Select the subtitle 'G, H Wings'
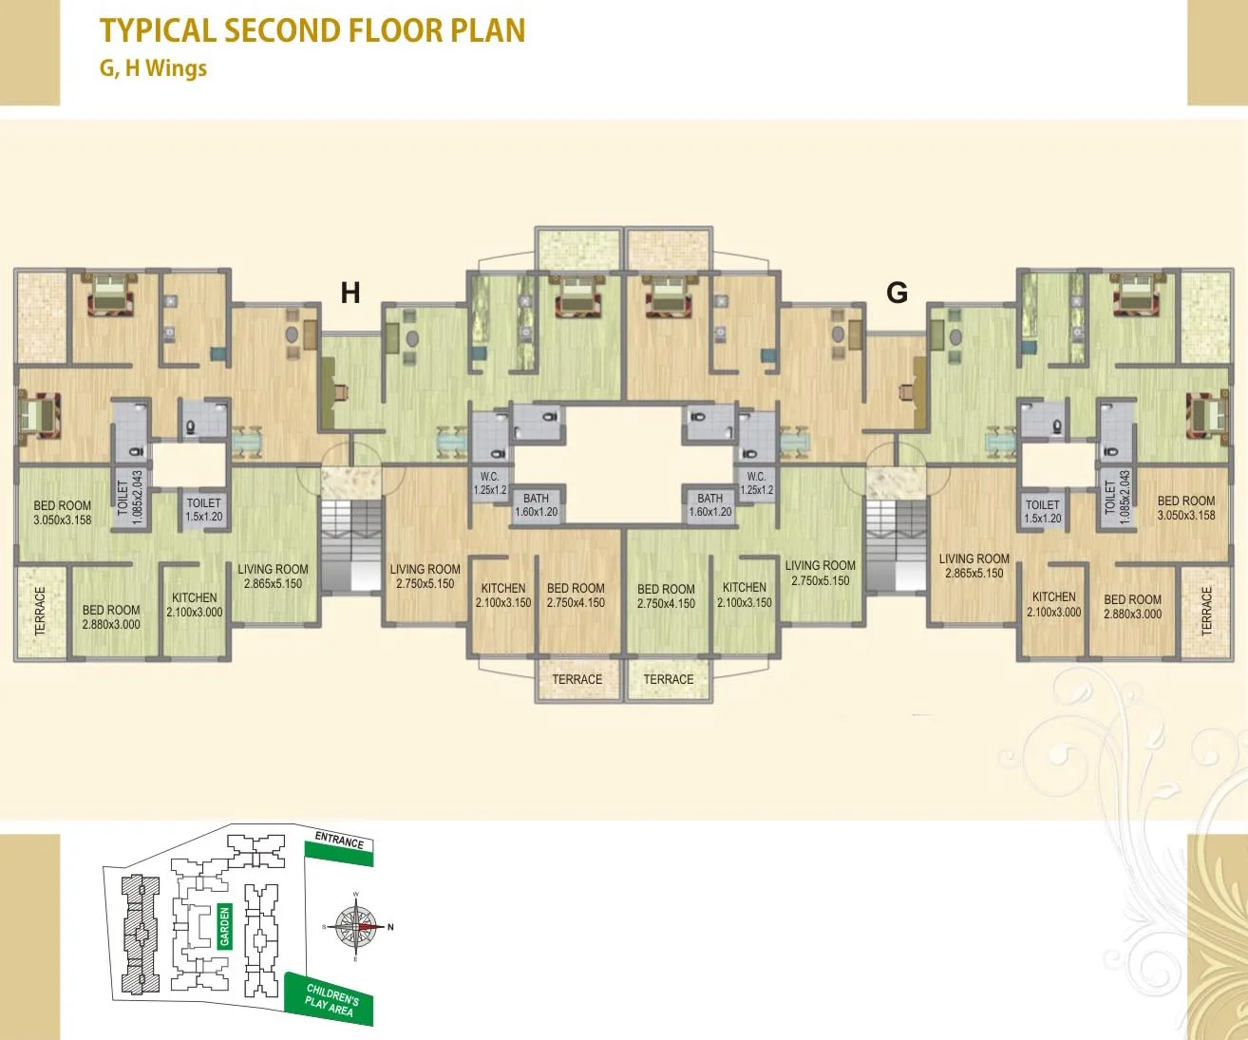point(153,68)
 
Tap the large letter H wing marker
point(350,293)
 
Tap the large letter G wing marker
point(897,293)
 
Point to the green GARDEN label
point(225,926)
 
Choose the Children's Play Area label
point(331,1000)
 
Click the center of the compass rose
point(357,926)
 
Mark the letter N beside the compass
point(390,927)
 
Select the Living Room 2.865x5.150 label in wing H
point(273,577)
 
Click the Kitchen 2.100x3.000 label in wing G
point(1053,604)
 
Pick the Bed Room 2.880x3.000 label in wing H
point(111,617)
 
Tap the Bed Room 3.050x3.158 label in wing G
point(1185,508)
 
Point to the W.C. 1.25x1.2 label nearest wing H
point(490,483)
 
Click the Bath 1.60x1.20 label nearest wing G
point(709,504)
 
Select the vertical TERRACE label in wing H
point(40,611)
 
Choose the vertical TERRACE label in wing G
point(1207,611)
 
